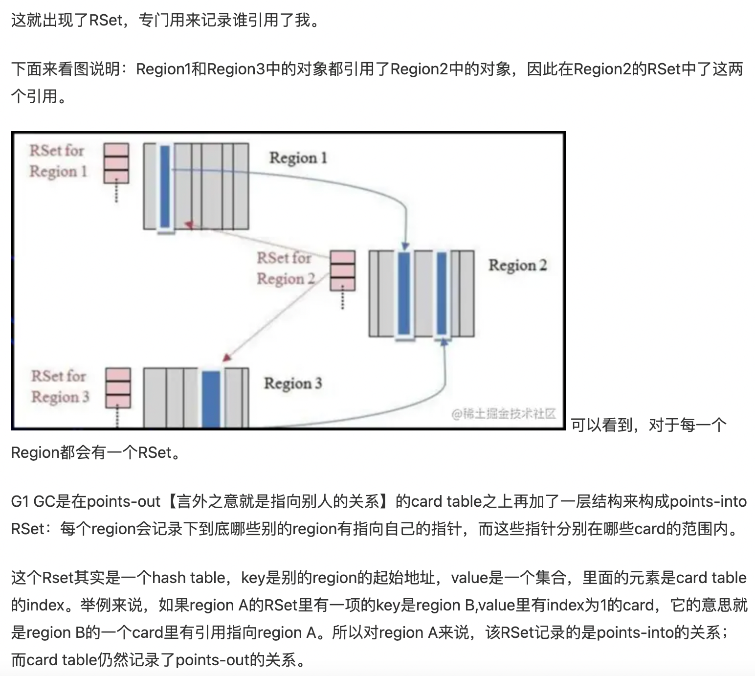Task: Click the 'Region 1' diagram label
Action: coord(298,158)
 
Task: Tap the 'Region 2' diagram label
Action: coord(517,266)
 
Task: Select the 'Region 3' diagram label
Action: coord(293,383)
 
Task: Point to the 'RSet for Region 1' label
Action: coord(58,160)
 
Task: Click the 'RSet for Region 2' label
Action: coord(285,268)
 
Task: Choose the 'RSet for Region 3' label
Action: coord(60,386)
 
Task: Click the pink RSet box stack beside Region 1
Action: coord(116,163)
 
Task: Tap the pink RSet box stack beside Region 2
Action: coord(342,270)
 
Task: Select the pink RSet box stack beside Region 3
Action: coord(118,388)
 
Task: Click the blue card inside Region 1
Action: coord(165,186)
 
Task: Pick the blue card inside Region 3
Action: coord(211,398)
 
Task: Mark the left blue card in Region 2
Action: coord(404,293)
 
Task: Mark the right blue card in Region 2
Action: coord(442,293)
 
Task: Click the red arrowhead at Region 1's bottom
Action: coord(189,225)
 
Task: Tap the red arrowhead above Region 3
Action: coord(225,358)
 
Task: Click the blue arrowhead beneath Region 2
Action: coord(444,342)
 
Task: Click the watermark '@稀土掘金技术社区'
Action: coord(504,414)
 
